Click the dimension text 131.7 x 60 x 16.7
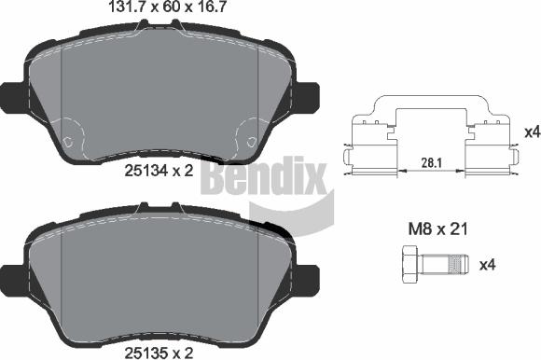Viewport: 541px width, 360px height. click(158, 9)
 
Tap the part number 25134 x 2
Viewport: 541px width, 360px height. click(158, 171)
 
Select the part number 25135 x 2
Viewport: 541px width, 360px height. click(158, 352)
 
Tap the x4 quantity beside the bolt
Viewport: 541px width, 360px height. click(512, 265)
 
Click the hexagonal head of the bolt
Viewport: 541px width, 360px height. click(412, 265)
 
